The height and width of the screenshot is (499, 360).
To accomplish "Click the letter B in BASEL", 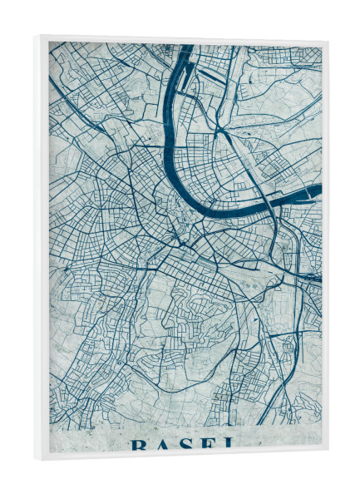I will (x=138, y=445).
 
